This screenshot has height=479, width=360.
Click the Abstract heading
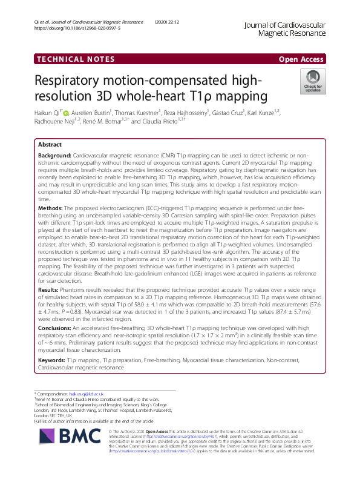pos(49,145)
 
